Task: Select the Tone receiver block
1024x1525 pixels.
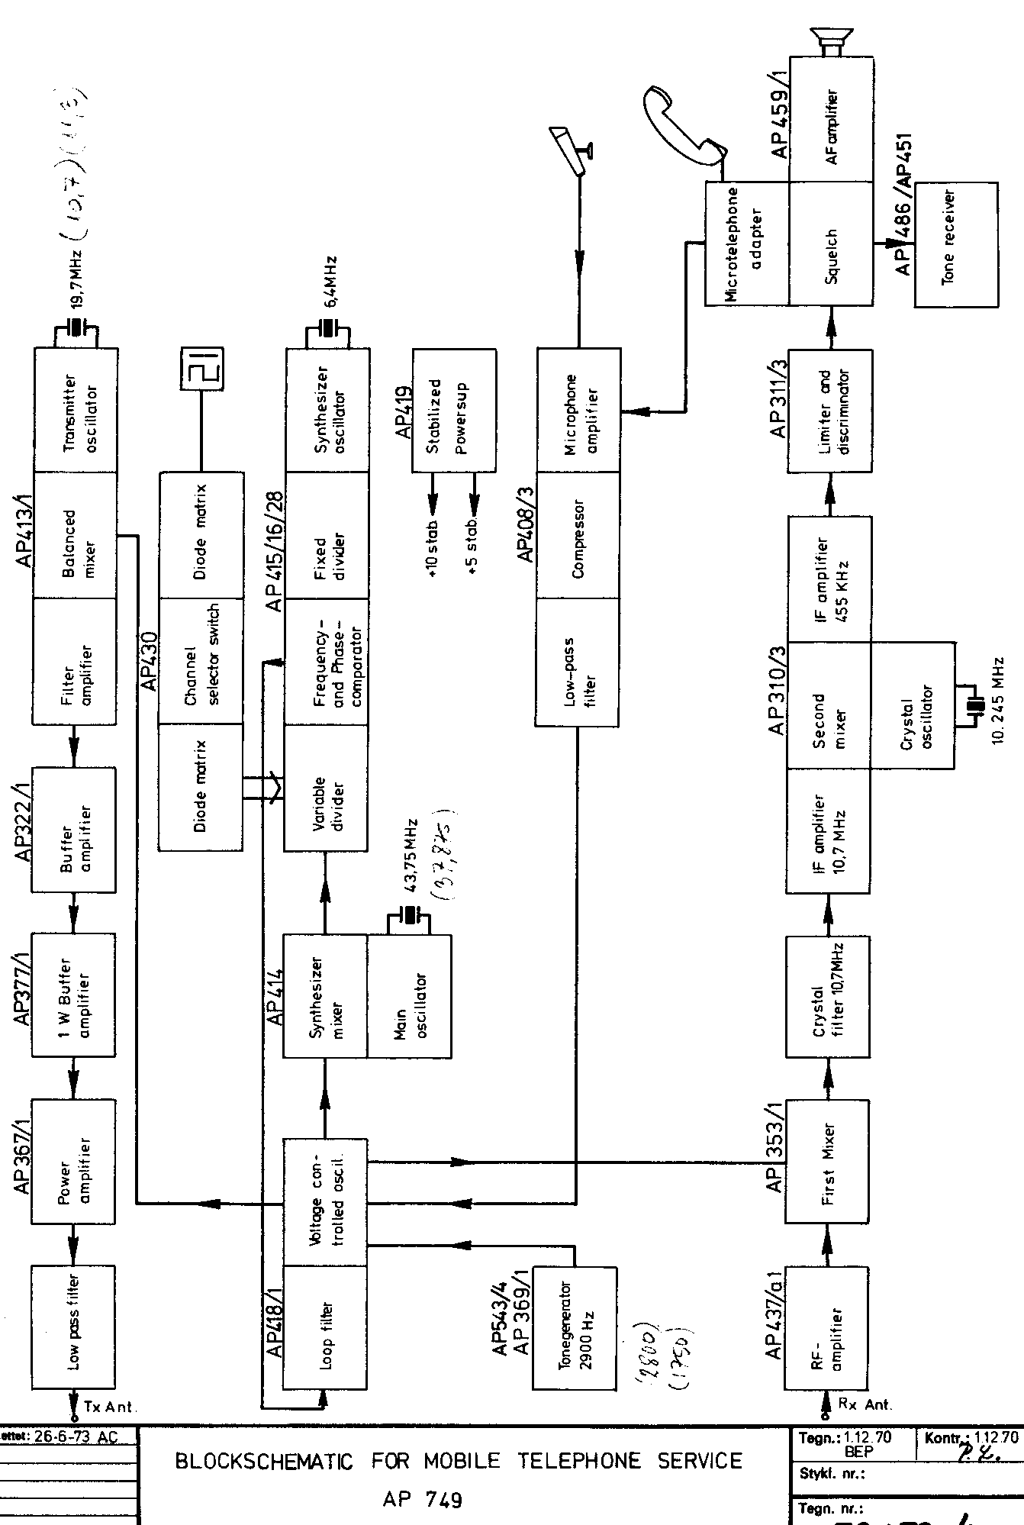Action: pos(955,245)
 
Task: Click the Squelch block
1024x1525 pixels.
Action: pos(831,245)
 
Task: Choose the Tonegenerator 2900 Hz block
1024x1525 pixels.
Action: pos(574,1328)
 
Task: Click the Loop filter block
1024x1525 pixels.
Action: pos(325,1328)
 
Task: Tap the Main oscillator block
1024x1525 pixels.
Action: pos(410,995)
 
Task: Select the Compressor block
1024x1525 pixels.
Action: pos(578,537)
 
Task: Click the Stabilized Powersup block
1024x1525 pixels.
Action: pos(454,411)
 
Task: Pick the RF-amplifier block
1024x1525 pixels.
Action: pos(828,1329)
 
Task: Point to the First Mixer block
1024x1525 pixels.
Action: pos(828,1162)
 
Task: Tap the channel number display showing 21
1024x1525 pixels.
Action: pos(201,369)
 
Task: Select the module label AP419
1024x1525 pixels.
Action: pos(404,410)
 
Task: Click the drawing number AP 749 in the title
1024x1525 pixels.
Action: pos(422,1500)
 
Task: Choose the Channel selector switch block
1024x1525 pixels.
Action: pos(201,661)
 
